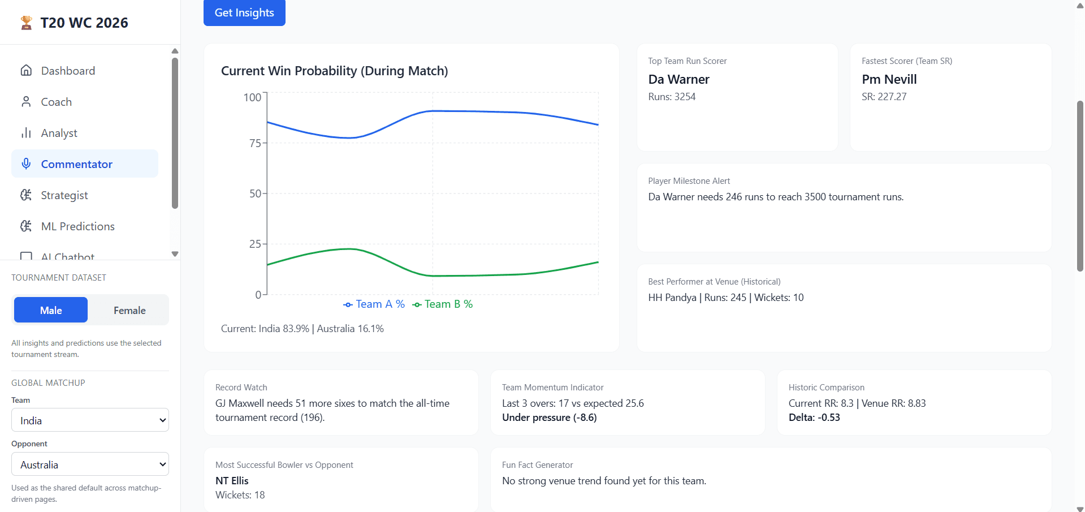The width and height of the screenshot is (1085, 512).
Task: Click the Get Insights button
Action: pos(244,12)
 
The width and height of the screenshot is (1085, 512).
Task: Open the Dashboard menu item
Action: pos(68,71)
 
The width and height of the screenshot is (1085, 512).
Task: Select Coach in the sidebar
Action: pos(56,102)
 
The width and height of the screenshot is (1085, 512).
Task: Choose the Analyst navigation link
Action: pos(59,133)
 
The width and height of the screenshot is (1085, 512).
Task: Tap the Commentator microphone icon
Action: pos(26,164)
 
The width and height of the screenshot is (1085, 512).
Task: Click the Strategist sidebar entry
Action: pos(64,195)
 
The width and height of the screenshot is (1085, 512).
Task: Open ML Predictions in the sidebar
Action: pos(77,226)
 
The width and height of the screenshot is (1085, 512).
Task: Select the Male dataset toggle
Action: pos(51,310)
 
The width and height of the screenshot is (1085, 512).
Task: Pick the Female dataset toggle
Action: pos(129,310)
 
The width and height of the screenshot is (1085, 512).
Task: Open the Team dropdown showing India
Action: pos(90,420)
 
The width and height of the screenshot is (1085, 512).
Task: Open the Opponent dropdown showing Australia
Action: pos(90,464)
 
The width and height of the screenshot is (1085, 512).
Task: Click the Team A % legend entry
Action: pos(374,304)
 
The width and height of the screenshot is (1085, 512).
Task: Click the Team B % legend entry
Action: pos(443,304)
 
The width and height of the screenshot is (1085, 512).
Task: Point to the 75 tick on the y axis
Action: pos(255,143)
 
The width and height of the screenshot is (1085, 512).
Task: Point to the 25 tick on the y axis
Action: pos(255,244)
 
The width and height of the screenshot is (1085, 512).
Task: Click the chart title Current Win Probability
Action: pos(334,71)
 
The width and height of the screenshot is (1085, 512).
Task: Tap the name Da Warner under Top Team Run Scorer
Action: pos(678,79)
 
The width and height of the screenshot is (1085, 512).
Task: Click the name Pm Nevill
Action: pos(889,79)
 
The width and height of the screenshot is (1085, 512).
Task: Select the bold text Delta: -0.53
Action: pos(814,418)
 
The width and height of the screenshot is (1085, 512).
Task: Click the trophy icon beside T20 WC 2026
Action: pos(26,23)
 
